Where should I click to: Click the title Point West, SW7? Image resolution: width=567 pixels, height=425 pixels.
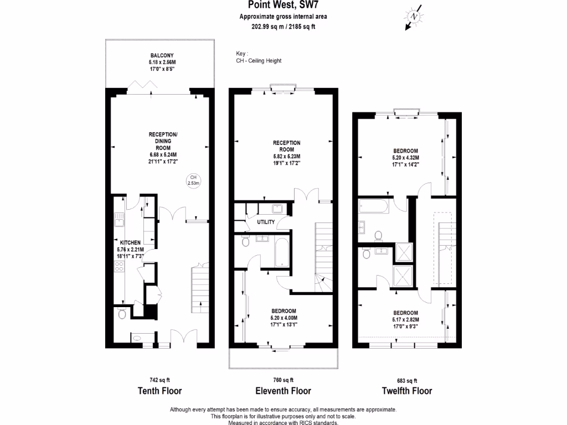click(x=279, y=6)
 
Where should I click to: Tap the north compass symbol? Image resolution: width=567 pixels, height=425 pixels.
click(x=414, y=18)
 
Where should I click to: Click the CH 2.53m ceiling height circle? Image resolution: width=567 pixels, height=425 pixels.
click(x=193, y=180)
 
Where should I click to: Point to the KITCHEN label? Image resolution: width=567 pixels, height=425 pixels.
click(x=130, y=242)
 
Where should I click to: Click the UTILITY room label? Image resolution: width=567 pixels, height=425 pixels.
click(x=266, y=222)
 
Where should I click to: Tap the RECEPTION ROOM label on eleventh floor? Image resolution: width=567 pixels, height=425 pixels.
click(x=287, y=146)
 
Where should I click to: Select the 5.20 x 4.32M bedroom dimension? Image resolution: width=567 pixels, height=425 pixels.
click(x=406, y=157)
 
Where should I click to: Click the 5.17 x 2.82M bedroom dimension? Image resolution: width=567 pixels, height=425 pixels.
click(x=406, y=319)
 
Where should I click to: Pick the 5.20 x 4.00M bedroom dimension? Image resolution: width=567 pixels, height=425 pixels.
click(x=283, y=318)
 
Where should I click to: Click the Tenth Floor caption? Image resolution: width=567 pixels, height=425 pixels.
click(x=159, y=391)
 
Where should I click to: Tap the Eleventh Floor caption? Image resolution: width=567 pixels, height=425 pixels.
click(x=283, y=391)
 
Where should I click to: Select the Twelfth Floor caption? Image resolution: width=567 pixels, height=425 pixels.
click(x=407, y=391)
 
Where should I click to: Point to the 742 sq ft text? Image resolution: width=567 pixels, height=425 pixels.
click(x=159, y=380)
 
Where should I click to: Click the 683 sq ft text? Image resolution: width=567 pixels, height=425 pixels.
click(x=407, y=380)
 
